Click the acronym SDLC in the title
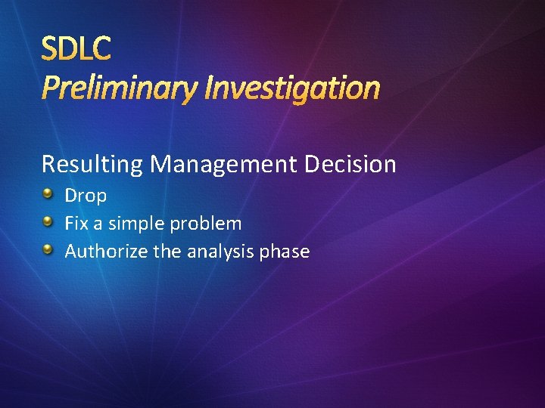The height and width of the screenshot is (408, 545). [76, 49]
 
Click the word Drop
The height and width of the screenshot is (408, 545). [86, 196]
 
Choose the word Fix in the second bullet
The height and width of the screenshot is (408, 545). [76, 224]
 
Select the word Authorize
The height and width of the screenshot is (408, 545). [106, 252]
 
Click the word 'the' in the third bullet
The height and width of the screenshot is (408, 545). [166, 252]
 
